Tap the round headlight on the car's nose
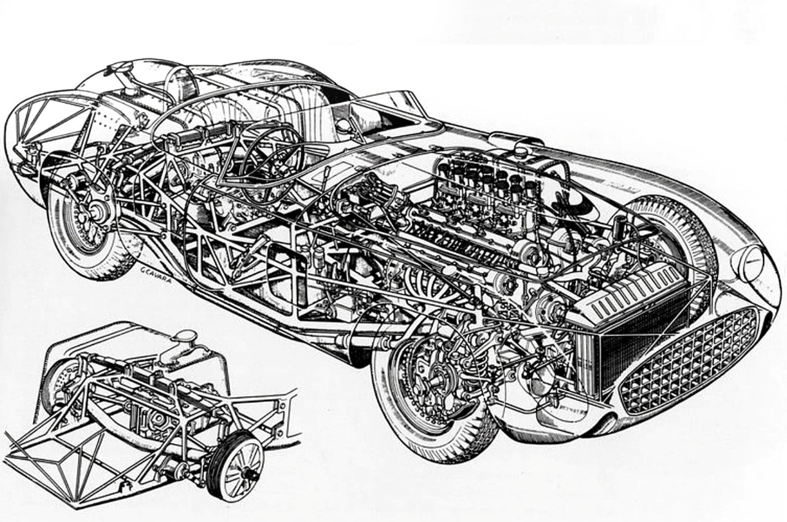click(x=751, y=263)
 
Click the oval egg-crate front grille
click(x=689, y=360)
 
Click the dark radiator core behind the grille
click(x=639, y=344)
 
